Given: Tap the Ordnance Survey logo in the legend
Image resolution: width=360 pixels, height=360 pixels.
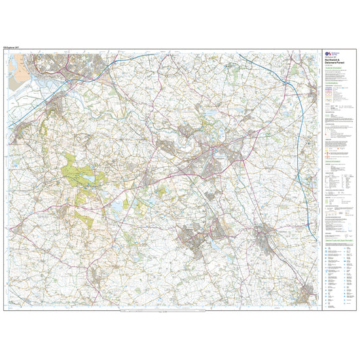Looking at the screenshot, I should click(x=329, y=56).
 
